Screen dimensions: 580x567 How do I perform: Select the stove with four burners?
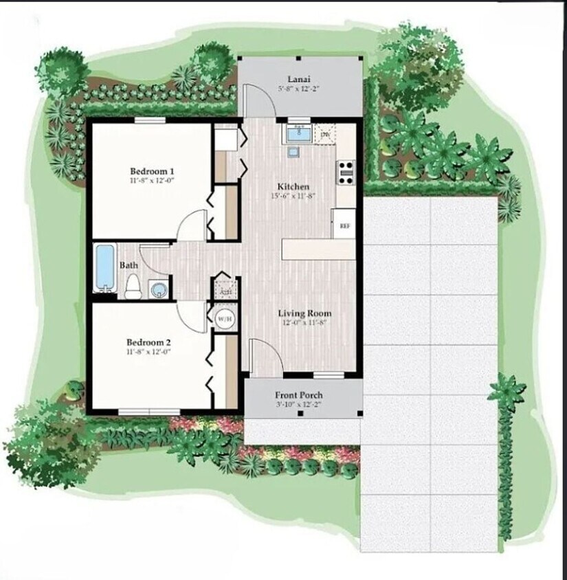coord(345,171)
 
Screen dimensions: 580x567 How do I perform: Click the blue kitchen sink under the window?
coord(298,134)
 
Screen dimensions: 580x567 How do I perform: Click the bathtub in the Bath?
coord(105,267)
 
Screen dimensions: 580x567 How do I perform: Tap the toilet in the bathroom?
coord(133,285)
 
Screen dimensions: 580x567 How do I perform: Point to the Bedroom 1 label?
coord(152,171)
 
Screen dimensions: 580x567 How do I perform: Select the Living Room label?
coord(304,313)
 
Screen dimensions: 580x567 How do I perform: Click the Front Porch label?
coord(298,395)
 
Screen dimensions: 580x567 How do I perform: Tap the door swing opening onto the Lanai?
coord(260,99)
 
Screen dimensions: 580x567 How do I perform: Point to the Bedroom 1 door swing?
coord(192,225)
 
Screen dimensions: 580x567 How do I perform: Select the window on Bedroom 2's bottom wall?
coord(149,412)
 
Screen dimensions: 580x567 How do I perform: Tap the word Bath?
coord(129,265)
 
